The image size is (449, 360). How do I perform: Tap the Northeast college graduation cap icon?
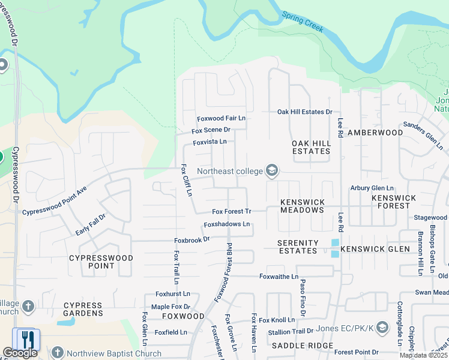(272, 171)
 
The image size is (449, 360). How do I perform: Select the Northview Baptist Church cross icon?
(58, 353)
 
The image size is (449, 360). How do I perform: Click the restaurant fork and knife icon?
(26, 340)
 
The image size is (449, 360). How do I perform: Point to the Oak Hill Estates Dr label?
(304, 112)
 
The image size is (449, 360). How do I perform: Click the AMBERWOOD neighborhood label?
(376, 132)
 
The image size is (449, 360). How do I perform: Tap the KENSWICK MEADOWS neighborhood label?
(303, 206)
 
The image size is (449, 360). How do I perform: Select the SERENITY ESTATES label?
(297, 247)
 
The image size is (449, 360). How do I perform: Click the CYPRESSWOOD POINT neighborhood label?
(92, 262)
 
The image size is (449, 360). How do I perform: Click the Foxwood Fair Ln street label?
(221, 119)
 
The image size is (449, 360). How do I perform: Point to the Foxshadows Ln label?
(226, 224)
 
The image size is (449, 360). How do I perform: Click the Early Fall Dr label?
(91, 224)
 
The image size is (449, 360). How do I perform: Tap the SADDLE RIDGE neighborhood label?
(302, 346)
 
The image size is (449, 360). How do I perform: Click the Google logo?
(20, 353)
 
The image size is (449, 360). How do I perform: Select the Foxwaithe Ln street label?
(279, 277)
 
